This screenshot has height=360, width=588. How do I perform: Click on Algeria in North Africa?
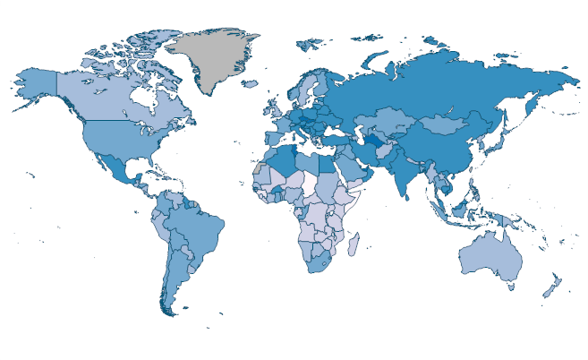(x=283, y=157)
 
